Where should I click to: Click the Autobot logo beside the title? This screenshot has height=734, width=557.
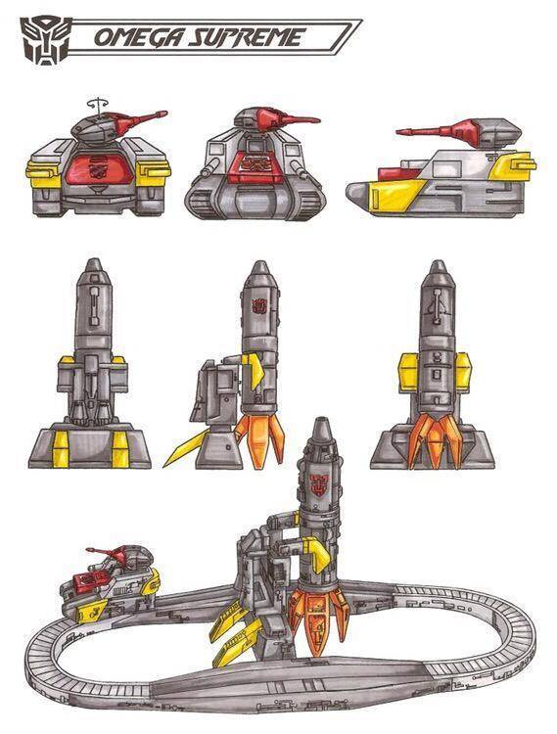(x=45, y=41)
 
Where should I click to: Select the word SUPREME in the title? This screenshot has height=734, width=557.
(x=245, y=37)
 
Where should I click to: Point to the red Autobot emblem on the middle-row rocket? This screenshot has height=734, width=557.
(x=258, y=306)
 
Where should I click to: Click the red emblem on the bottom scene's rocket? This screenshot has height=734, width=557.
(x=320, y=482)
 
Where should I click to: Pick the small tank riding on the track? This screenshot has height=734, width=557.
(x=110, y=583)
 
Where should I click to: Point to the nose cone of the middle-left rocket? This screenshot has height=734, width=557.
(x=94, y=265)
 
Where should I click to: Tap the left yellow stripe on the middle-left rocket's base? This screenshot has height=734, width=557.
(x=61, y=450)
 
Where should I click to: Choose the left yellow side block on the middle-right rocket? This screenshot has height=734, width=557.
(x=407, y=373)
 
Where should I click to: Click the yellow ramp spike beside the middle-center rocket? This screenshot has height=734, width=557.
(x=186, y=448)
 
